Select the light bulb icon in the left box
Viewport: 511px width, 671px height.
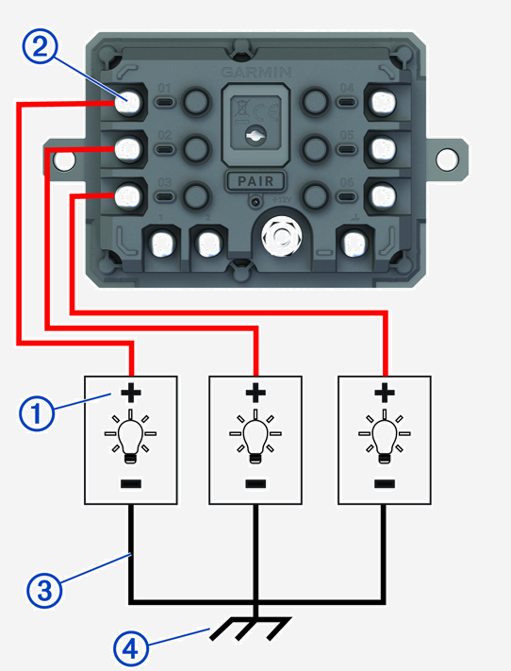[x=131, y=435]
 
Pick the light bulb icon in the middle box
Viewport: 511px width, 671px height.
[x=255, y=435]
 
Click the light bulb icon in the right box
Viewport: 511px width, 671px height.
[x=383, y=435]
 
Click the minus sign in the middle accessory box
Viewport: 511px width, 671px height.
[x=255, y=484]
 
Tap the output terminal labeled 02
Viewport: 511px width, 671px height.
[x=128, y=147]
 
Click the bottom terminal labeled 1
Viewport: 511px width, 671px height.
[x=157, y=244]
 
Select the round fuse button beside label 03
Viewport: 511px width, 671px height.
[x=197, y=194]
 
